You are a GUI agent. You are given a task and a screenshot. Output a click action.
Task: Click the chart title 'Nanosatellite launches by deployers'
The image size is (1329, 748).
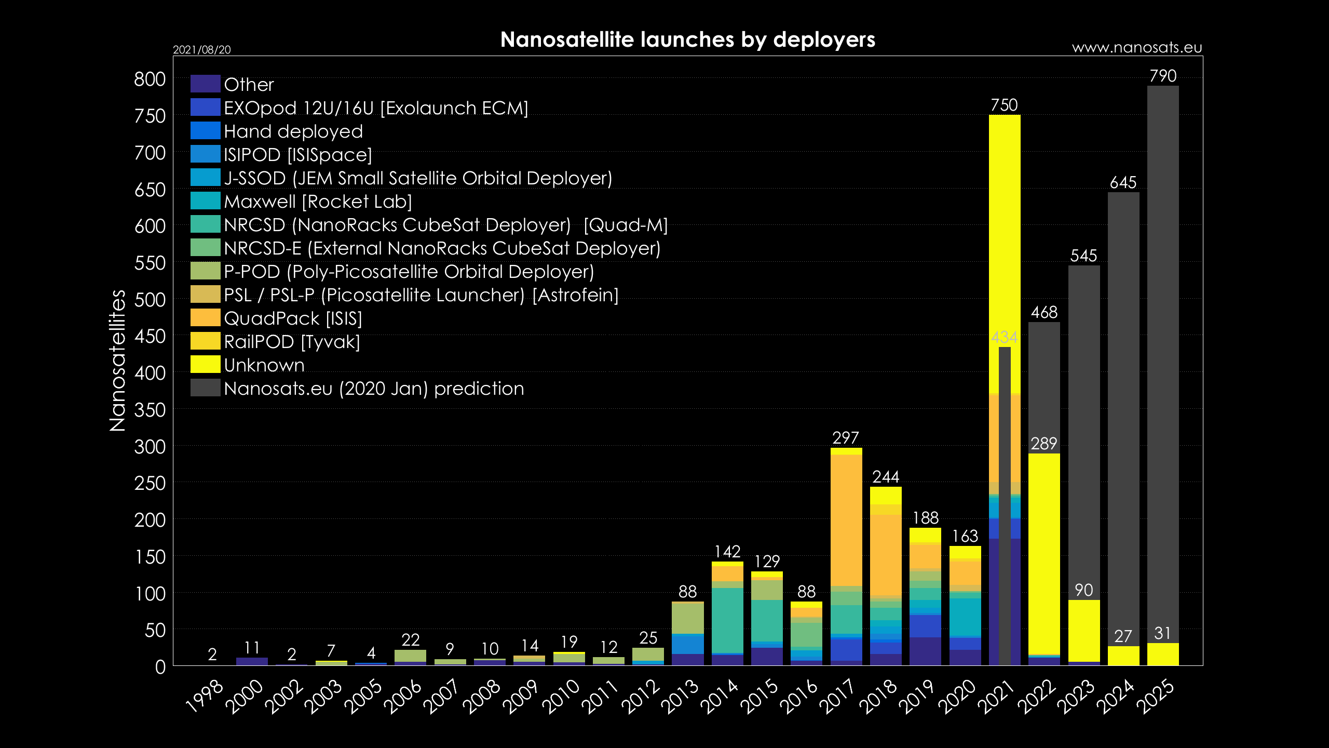click(x=687, y=39)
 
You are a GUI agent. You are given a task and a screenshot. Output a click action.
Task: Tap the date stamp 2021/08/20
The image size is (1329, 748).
click(x=201, y=50)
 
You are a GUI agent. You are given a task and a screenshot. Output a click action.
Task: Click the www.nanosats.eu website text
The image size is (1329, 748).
click(x=1137, y=48)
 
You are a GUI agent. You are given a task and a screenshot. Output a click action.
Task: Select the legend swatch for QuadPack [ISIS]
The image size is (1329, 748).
click(x=205, y=318)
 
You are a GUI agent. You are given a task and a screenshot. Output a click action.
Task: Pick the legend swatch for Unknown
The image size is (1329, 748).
click(x=205, y=365)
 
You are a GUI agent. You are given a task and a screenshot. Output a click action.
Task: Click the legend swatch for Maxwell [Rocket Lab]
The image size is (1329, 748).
click(x=205, y=201)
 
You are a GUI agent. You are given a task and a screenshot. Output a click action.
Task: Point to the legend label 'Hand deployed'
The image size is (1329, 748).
click(x=293, y=131)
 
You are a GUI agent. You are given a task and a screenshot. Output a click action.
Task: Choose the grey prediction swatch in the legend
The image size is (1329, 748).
click(x=205, y=388)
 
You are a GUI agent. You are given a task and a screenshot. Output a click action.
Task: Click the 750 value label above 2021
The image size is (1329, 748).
click(x=1004, y=105)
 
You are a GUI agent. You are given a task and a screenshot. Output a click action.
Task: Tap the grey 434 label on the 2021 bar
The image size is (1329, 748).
click(x=1004, y=338)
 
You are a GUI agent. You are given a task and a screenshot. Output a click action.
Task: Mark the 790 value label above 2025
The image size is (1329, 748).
click(x=1163, y=76)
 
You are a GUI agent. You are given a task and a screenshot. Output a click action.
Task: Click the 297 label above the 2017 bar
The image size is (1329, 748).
click(x=846, y=438)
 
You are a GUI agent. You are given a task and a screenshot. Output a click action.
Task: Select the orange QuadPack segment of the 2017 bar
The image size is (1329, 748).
click(x=846, y=519)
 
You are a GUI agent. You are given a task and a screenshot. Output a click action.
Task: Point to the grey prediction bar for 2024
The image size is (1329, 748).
click(x=1123, y=416)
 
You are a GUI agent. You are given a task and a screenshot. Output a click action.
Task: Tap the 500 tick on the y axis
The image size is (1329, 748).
click(x=150, y=300)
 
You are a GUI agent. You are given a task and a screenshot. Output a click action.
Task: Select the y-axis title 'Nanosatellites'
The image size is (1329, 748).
click(x=118, y=360)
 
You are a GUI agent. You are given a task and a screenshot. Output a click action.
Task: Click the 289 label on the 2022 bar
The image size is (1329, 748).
click(x=1043, y=444)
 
